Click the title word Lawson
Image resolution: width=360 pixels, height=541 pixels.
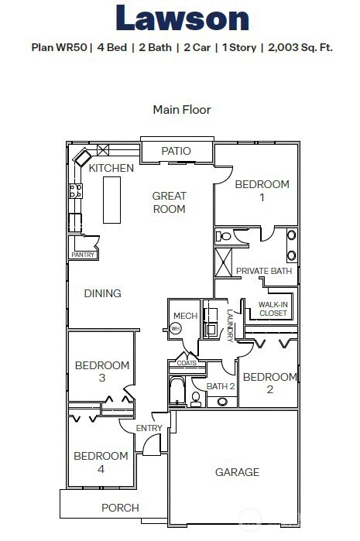pos(182,19)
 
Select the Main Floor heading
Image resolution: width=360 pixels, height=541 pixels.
pos(182,110)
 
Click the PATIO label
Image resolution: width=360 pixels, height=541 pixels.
pos(176,151)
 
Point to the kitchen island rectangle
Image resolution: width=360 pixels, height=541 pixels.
pos(112,200)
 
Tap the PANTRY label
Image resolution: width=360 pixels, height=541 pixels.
pos(83,254)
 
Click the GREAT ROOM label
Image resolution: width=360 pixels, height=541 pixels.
pos(169,202)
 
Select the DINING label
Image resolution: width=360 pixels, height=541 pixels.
pos(103,293)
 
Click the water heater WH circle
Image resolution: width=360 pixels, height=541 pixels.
pos(176,328)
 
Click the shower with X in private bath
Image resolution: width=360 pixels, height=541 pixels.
pos(223,262)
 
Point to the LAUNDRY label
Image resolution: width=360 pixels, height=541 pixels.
pos(230,325)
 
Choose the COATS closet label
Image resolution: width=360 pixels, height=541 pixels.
pos(187,362)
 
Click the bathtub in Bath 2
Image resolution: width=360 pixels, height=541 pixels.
pos(177,392)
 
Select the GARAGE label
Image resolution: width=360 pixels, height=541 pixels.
pos(236,472)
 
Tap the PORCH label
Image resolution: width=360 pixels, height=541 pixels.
pos(121,508)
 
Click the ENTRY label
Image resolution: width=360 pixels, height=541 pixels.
pos(149,429)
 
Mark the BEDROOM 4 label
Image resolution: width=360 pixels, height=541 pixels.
pos(101,462)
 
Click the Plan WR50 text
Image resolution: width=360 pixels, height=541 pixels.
pos(59,47)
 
